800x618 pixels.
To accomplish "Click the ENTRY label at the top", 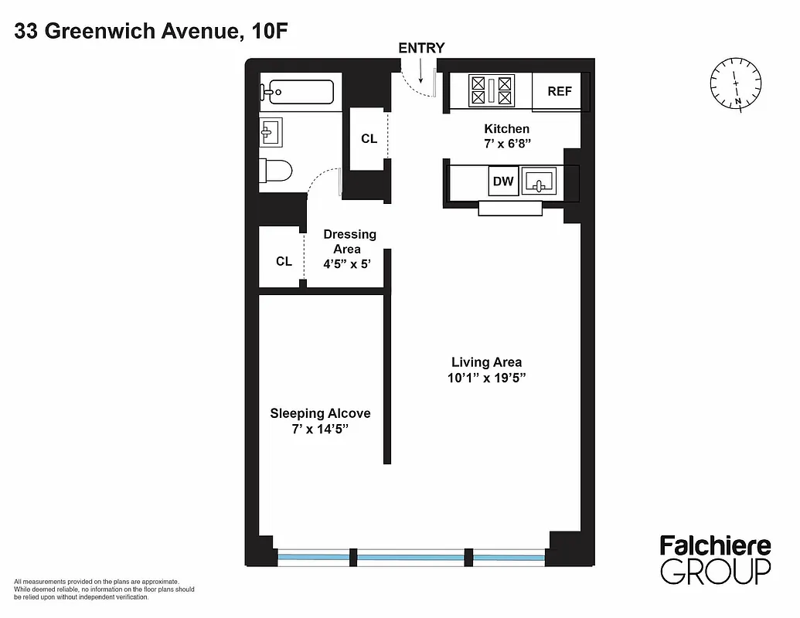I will (x=421, y=48).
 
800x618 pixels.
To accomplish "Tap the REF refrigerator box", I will (x=560, y=91).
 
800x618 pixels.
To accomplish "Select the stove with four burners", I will (x=492, y=91).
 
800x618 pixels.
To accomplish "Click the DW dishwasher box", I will (x=503, y=182).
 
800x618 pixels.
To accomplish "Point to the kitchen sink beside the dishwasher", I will (x=539, y=182).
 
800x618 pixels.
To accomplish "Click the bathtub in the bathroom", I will (x=298, y=92).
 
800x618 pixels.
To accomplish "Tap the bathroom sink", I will (x=271, y=131).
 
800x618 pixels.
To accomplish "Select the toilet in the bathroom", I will (x=276, y=170).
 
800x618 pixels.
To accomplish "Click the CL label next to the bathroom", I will (x=369, y=139).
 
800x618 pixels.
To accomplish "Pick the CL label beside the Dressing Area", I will (x=284, y=262).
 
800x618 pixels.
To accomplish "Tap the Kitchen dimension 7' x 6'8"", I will (x=507, y=143).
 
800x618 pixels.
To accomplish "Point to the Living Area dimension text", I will (x=487, y=377).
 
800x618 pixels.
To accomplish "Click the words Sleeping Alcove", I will (x=320, y=413).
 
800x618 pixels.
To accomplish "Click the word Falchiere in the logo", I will (x=715, y=546).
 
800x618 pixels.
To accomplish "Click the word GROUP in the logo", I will (x=715, y=572).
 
